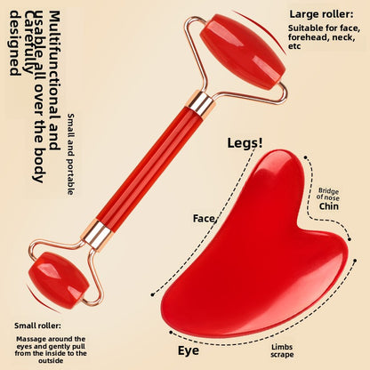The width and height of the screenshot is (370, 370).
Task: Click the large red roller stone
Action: (x=243, y=52)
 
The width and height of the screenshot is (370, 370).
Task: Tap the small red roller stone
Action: (x=60, y=280)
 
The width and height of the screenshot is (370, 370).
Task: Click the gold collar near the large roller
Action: (x=200, y=103)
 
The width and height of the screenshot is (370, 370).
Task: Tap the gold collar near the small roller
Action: (x=97, y=235)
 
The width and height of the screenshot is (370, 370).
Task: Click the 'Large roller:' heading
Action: (x=321, y=14)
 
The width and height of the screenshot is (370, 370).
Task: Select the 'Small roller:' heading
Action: (x=37, y=326)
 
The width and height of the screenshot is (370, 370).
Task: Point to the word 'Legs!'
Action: (x=245, y=143)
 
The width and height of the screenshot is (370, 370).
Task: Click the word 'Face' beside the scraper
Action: (x=204, y=219)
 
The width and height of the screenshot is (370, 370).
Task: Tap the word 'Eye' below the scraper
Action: (x=189, y=351)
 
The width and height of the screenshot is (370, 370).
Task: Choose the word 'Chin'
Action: (x=329, y=206)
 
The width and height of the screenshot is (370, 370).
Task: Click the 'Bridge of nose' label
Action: (x=328, y=194)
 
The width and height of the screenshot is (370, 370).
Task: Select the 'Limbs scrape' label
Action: (x=282, y=351)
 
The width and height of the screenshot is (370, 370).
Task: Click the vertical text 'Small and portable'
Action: (x=71, y=154)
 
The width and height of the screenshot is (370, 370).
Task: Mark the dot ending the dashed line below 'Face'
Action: (x=152, y=294)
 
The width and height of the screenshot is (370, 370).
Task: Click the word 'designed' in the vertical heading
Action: (x=15, y=44)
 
